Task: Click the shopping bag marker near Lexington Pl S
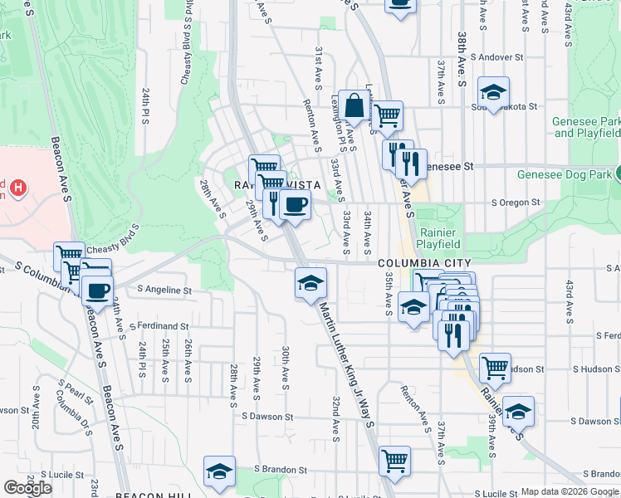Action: tap(354, 106)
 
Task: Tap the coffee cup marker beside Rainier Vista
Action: tap(295, 204)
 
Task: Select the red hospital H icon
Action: tap(17, 188)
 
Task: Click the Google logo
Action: tap(27, 488)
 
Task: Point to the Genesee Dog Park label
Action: tap(564, 174)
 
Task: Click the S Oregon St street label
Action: tap(515, 202)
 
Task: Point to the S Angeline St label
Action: tap(164, 290)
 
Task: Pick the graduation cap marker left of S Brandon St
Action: tap(219, 471)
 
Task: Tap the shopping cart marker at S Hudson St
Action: tap(495, 367)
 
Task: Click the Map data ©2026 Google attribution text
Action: tap(570, 491)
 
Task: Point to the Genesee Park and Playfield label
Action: tap(586, 127)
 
